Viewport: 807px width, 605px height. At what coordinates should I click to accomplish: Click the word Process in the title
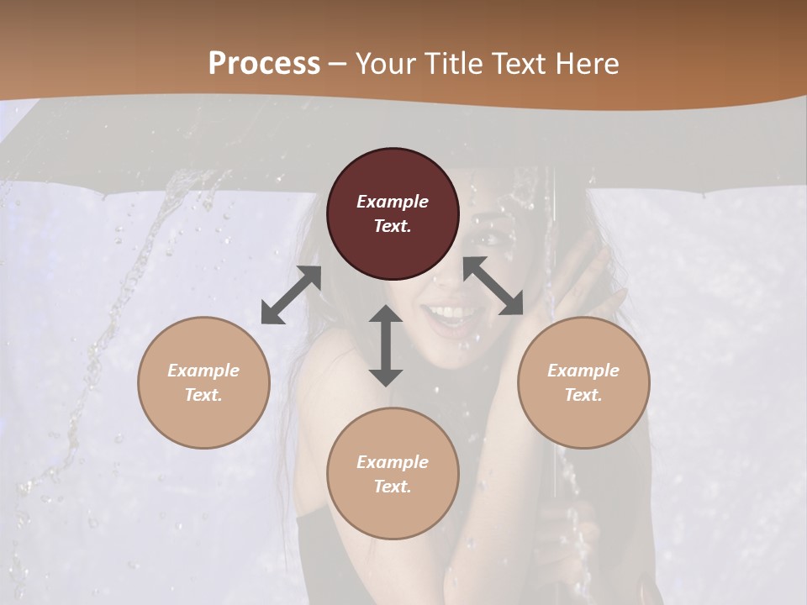click(x=264, y=64)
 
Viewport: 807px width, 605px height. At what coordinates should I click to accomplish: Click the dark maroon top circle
click(x=393, y=214)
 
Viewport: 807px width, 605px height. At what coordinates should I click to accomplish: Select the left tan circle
click(x=203, y=382)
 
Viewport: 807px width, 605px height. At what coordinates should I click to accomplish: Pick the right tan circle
click(x=583, y=382)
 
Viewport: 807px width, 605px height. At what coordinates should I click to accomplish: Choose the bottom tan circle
click(x=393, y=474)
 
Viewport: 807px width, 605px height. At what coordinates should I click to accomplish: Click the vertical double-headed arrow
click(x=386, y=345)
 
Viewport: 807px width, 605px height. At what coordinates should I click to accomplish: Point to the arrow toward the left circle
click(x=291, y=295)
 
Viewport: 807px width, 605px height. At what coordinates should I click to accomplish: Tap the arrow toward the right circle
click(x=493, y=287)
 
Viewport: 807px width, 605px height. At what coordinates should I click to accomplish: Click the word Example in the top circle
click(x=393, y=202)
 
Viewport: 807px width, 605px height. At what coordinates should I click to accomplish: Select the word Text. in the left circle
click(x=203, y=395)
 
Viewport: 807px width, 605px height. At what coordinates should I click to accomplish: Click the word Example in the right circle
click(x=583, y=371)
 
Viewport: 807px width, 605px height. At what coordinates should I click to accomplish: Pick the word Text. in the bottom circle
click(x=393, y=487)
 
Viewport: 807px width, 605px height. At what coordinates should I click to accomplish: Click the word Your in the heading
click(x=382, y=64)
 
